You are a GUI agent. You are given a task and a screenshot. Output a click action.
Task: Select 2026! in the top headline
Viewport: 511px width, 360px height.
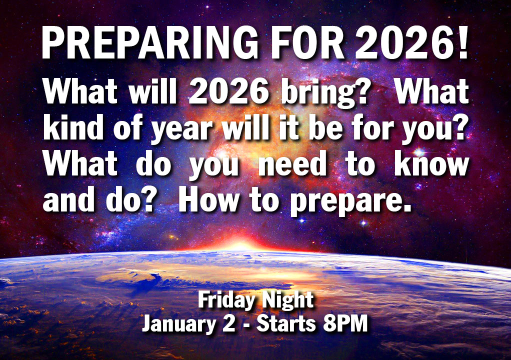coord(411,42)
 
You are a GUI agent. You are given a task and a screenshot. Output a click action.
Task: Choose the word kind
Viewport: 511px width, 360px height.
coord(73,127)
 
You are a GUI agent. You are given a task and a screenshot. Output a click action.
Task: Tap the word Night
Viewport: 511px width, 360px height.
coord(288,300)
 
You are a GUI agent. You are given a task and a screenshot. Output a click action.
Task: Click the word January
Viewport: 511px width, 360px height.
coord(179,324)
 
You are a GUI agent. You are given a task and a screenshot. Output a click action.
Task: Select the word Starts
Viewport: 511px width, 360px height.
coord(286,323)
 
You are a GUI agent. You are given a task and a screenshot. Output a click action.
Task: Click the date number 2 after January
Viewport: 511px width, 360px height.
coord(229,323)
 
